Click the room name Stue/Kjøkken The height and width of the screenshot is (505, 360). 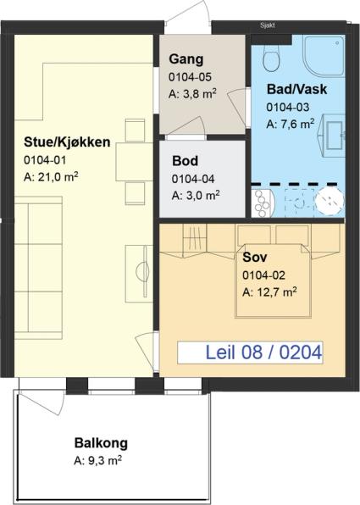(x=67, y=142)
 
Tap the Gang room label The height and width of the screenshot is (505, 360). (x=186, y=59)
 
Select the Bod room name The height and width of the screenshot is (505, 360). (x=185, y=161)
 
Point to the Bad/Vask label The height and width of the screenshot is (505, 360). (x=296, y=89)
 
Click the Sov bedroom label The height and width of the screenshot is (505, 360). (x=254, y=257)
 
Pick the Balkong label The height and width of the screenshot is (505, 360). (x=101, y=443)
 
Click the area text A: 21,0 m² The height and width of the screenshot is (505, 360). (x=51, y=177)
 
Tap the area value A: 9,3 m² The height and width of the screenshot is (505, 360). (x=97, y=460)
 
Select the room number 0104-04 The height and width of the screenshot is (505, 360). (x=193, y=179)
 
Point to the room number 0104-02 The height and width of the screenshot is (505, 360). (x=263, y=275)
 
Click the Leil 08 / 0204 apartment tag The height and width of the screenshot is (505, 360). (x=250, y=352)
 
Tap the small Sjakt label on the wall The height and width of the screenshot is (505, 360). (x=268, y=25)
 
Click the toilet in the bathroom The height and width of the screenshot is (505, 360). (x=271, y=57)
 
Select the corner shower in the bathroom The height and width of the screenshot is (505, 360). (x=324, y=56)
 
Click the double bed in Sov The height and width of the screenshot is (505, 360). (x=273, y=280)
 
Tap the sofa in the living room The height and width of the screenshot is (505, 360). (x=38, y=268)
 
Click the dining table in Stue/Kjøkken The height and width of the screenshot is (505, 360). (x=134, y=162)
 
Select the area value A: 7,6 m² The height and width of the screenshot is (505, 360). (x=291, y=124)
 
